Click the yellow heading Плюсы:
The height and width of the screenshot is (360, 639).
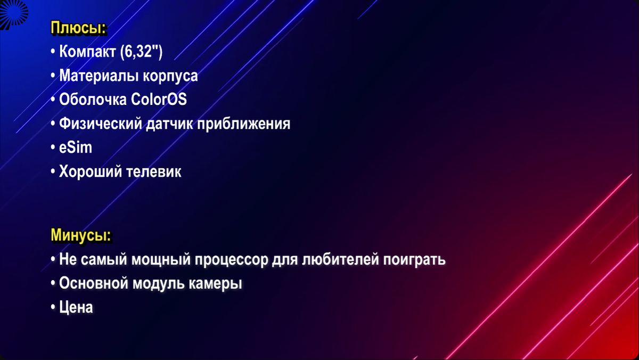[x=78, y=28]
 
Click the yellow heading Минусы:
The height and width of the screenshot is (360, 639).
[x=81, y=235]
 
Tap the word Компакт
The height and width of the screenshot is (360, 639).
[x=87, y=51]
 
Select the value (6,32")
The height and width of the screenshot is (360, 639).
[x=141, y=52]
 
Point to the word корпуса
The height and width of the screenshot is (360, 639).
[x=170, y=77]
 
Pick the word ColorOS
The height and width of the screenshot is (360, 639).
[x=159, y=99]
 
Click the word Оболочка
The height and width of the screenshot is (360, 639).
[x=93, y=100]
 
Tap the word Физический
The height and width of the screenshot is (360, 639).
[x=101, y=124]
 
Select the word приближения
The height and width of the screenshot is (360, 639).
[x=244, y=125]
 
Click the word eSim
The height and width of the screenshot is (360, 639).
[x=76, y=148]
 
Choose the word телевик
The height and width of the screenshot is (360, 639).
[x=154, y=171]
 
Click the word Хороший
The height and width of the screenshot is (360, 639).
[x=91, y=171]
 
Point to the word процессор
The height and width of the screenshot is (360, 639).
[x=231, y=261]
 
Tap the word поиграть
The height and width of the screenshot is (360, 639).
[x=414, y=260]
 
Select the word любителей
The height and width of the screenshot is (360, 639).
[x=341, y=259]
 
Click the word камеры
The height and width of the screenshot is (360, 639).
[x=215, y=284]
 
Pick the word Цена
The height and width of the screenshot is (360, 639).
[x=76, y=307]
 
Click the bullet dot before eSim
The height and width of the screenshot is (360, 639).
[x=53, y=148]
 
